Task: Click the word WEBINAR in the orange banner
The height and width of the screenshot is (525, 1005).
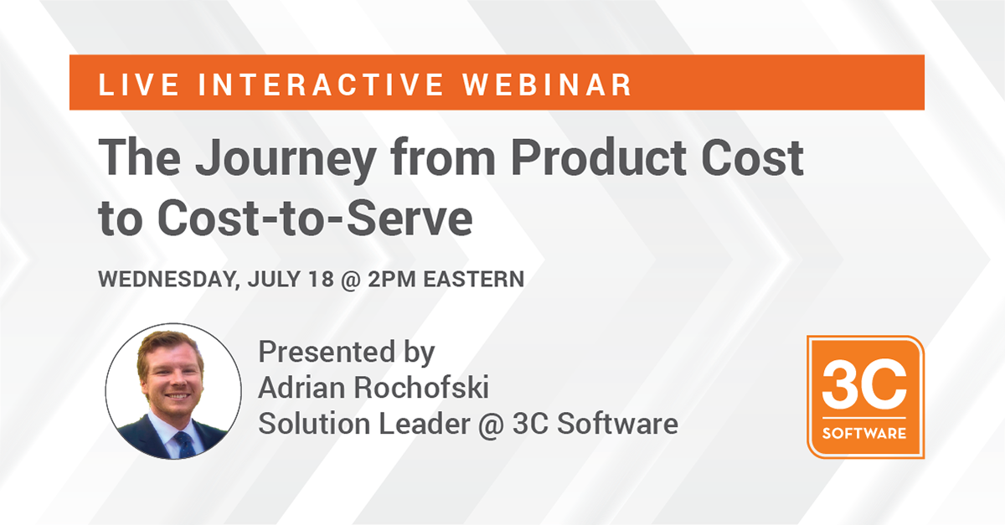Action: coord(547,85)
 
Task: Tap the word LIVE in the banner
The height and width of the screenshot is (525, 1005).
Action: coord(139,85)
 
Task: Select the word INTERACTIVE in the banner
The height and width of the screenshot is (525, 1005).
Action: coord(321,85)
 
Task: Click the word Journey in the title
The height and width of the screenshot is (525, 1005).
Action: coord(286,159)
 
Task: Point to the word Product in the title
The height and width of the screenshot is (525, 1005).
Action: coord(599,157)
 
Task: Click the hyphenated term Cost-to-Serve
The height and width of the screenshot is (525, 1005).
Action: coord(315,219)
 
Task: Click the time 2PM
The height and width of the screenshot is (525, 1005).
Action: coord(392,279)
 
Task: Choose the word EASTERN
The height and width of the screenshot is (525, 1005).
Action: coord(474,279)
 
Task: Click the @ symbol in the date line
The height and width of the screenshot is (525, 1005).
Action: coord(351,280)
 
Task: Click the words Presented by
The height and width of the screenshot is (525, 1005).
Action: coord(347,353)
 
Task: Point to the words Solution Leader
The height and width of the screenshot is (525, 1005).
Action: coord(364,424)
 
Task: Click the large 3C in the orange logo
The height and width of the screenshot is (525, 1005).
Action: coord(864,384)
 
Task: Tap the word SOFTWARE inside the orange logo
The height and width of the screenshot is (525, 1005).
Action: coord(864,434)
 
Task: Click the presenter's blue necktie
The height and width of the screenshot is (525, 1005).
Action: coord(184,445)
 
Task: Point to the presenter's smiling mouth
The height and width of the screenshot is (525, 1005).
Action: coord(177,397)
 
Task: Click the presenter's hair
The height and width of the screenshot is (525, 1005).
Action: coord(167,345)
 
